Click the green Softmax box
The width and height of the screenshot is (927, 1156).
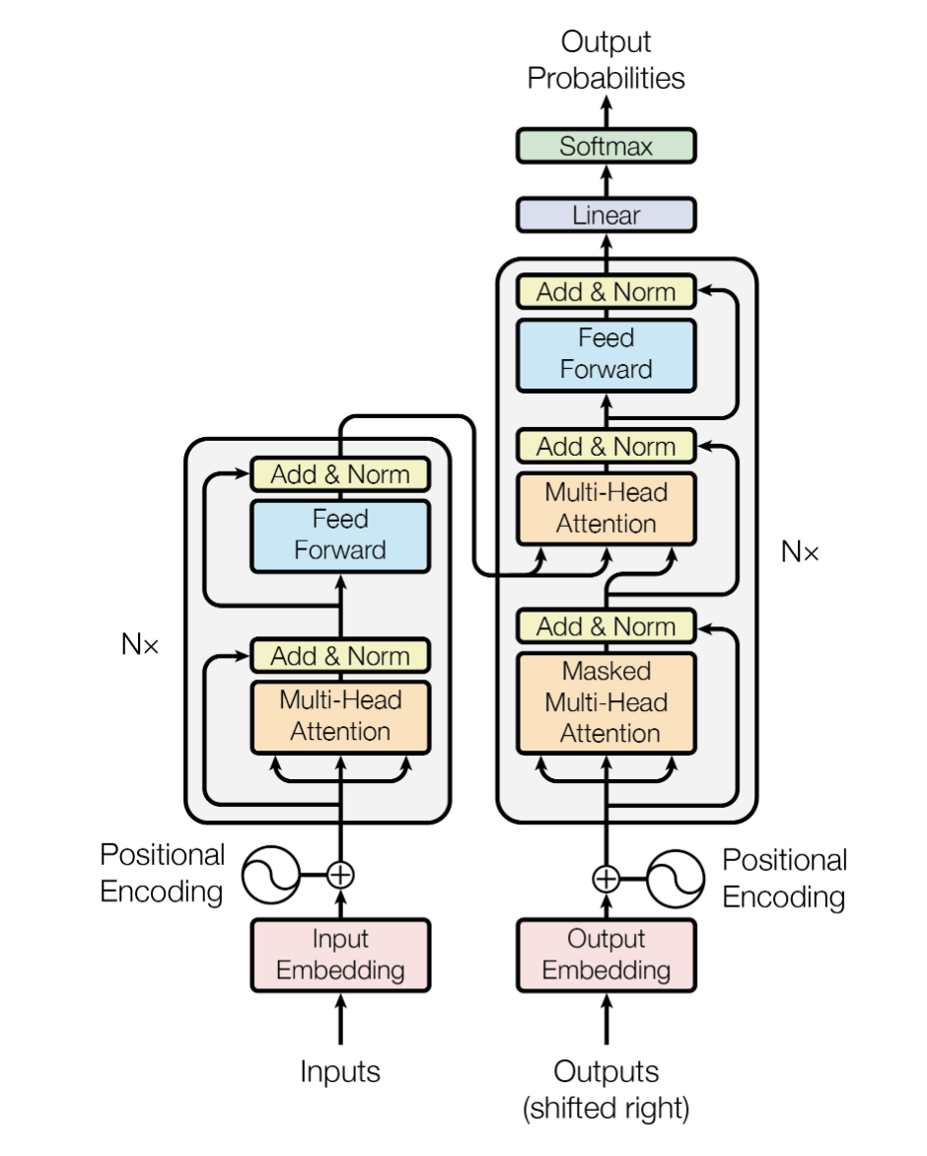coord(606,147)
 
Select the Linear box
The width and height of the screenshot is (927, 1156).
coord(606,214)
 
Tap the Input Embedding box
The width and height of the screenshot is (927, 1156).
coord(340,954)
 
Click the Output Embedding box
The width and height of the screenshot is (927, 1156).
coord(606,954)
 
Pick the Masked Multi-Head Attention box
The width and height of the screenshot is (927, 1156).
coord(606,702)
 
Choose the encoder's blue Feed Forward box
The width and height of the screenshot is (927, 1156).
coord(340,535)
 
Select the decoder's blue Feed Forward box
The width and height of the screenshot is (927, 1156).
coord(606,354)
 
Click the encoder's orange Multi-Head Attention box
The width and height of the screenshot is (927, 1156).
coord(340,716)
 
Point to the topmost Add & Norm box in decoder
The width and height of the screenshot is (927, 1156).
coord(606,292)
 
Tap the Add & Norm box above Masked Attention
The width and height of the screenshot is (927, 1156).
coord(606,626)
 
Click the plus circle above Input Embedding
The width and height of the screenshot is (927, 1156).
coord(340,874)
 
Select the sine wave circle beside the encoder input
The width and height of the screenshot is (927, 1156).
coord(270,874)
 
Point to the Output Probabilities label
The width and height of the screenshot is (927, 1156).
coord(606,60)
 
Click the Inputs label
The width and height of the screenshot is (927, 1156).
coord(340,1071)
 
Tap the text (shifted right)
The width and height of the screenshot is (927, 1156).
coord(606,1108)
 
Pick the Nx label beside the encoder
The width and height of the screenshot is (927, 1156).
coord(140,646)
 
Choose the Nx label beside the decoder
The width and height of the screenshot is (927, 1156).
coord(799,551)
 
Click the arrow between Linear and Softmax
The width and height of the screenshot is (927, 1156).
coord(606,181)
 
